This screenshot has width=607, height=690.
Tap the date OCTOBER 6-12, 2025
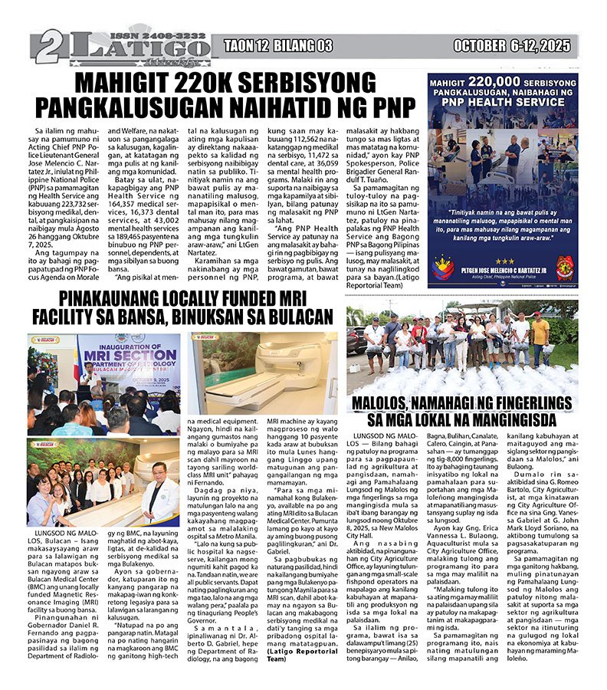[x=511, y=47]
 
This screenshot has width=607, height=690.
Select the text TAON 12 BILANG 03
[x=278, y=47]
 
